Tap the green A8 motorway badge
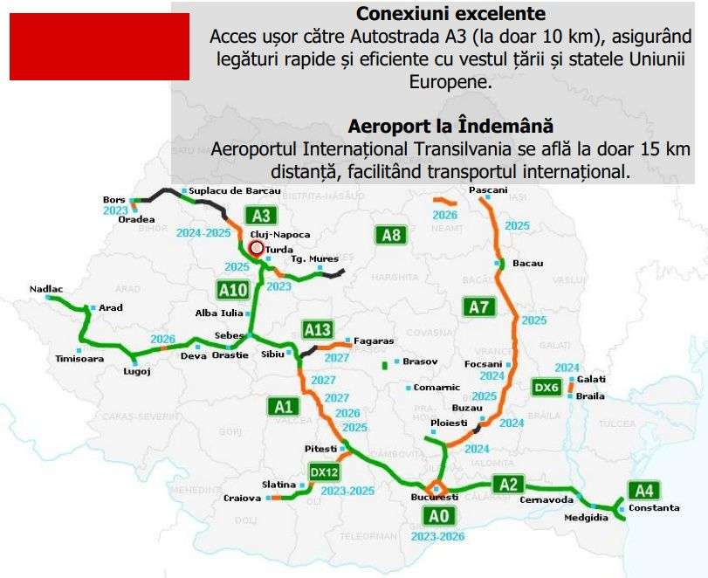pos(392,234)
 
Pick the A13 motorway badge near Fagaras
pos(318,329)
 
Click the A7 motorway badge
pos(479,306)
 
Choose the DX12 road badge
pos(325,471)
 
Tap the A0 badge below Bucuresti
pos(438,516)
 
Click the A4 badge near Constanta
pos(644,490)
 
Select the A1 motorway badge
pos(281,405)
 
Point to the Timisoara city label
pos(79,358)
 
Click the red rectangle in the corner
pos(99,47)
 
